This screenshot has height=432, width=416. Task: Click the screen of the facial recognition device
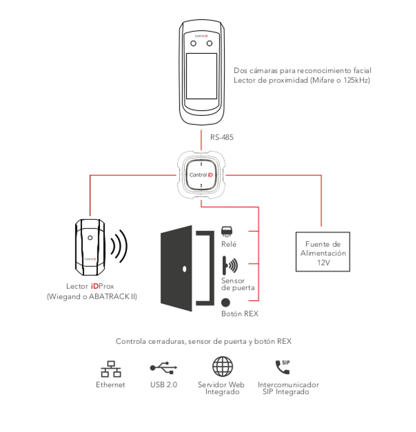(202, 76)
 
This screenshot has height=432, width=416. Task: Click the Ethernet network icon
(110, 368)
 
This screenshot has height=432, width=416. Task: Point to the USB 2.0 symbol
(164, 367)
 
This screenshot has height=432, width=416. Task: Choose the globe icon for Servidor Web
(223, 367)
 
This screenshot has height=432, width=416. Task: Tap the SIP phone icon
(283, 367)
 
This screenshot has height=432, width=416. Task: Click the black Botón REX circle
(225, 302)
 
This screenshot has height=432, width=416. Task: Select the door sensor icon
(230, 265)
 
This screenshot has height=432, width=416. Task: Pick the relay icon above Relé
(227, 231)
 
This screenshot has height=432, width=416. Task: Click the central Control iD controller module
(201, 175)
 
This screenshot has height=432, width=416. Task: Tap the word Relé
(229, 244)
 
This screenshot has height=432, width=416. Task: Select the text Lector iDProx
(90, 286)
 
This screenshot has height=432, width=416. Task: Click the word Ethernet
(110, 384)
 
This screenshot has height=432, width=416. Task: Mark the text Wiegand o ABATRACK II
(90, 296)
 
